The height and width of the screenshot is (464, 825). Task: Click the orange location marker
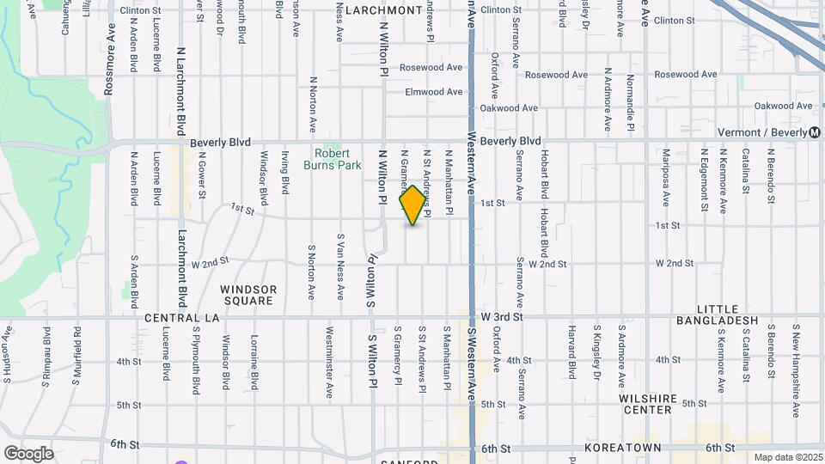(413, 205)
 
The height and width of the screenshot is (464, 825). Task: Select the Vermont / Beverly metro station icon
(814, 132)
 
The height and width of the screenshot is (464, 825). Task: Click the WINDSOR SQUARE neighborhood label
(247, 295)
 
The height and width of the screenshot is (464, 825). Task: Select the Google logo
(28, 454)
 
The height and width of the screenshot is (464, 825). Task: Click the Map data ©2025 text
(787, 458)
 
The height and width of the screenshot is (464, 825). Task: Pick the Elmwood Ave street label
(435, 92)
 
